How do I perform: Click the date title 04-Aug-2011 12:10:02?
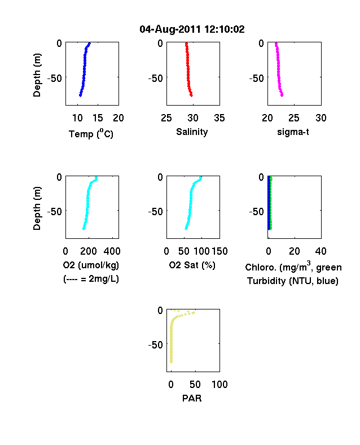(192, 29)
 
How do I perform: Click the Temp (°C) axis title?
(91, 133)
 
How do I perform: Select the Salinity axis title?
(192, 132)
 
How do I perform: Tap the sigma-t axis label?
(293, 132)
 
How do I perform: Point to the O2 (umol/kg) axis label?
(91, 265)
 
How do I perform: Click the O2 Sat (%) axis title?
(192, 265)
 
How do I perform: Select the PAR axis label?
(192, 398)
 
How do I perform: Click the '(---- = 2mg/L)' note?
(91, 279)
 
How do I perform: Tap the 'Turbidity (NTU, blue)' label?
(293, 281)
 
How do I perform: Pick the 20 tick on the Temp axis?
(118, 118)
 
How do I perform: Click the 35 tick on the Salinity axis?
(219, 118)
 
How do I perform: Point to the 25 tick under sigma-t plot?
(293, 118)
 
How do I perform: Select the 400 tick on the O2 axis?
(112, 251)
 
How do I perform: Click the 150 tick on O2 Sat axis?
(219, 251)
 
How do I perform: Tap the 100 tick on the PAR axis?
(219, 385)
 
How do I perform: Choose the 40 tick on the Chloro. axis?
(321, 251)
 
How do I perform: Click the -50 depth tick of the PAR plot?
(156, 345)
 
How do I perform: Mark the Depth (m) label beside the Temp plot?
(37, 75)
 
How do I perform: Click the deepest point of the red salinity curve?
(192, 95)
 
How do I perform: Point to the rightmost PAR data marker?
(194, 312)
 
